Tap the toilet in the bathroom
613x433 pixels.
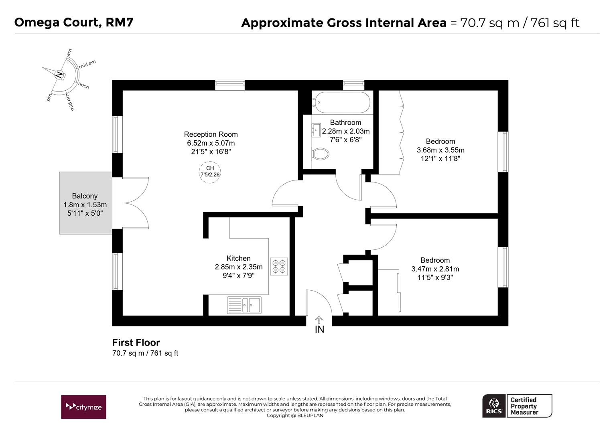point(321,154)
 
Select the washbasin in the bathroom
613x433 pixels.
point(316,130)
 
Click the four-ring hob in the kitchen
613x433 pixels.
point(279,267)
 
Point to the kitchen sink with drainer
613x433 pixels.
point(244,305)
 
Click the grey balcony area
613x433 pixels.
point(86,203)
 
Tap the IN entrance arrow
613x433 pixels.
point(319,320)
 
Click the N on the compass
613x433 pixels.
point(59,75)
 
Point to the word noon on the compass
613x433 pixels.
point(83,86)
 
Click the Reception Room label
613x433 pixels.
point(211,134)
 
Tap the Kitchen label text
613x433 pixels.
point(238,258)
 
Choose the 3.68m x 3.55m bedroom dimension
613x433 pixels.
point(440,150)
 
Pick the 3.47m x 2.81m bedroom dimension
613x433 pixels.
point(435,269)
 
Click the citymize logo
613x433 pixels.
point(83,407)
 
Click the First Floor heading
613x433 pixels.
point(136,342)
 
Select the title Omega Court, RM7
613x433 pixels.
point(74,22)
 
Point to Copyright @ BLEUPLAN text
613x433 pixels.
point(295,415)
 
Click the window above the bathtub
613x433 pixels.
point(353,85)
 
